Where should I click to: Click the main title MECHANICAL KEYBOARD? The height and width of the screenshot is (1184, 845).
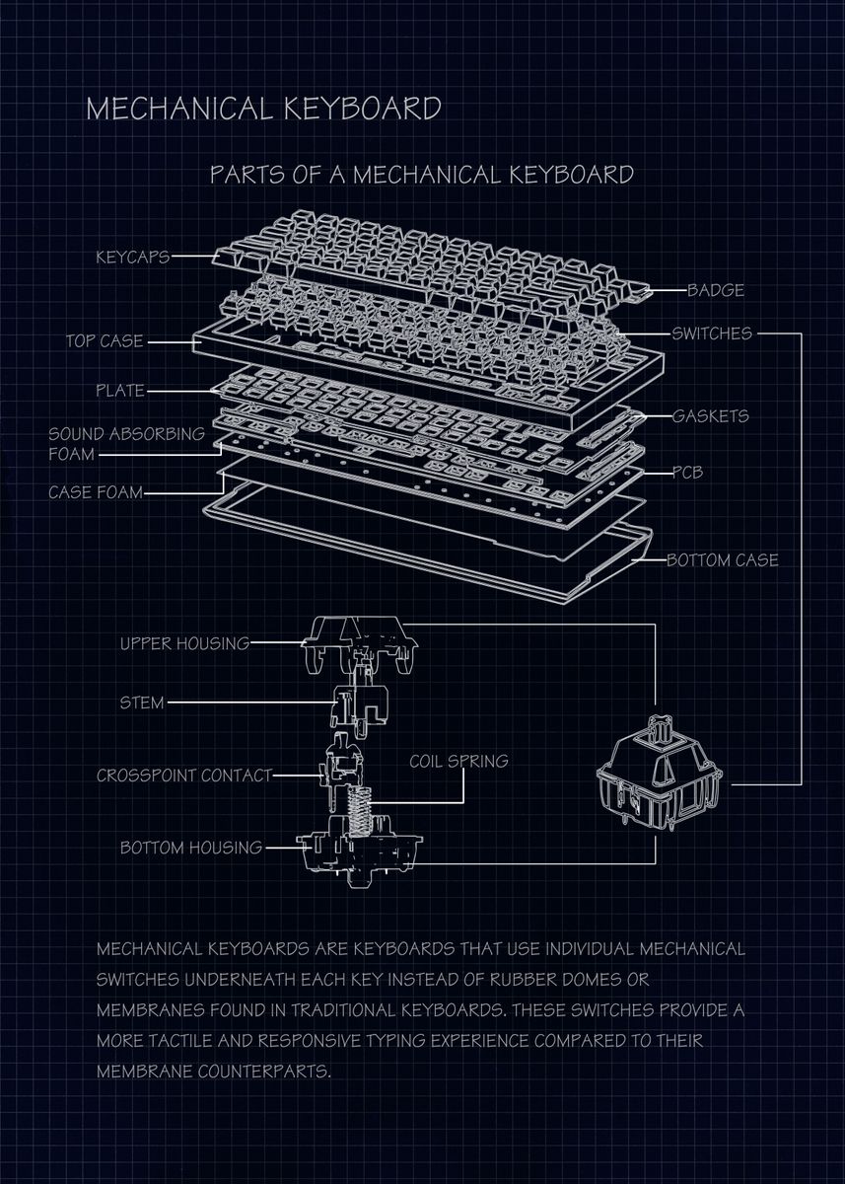click(x=263, y=108)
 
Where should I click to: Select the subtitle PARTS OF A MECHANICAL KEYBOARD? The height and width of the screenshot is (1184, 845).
click(x=422, y=175)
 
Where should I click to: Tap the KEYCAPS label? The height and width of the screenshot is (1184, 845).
click(x=132, y=258)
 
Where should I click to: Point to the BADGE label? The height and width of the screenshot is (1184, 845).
click(x=716, y=290)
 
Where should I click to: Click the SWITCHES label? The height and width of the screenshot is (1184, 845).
click(x=712, y=333)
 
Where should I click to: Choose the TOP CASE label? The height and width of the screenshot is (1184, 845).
click(x=105, y=341)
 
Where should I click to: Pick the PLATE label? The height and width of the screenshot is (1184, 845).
click(x=120, y=390)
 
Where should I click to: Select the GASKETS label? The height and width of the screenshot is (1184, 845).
click(x=710, y=415)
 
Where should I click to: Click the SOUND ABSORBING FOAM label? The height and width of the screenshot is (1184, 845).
click(x=126, y=444)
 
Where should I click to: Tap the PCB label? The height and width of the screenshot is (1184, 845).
click(x=687, y=473)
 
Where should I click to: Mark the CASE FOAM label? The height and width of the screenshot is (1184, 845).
click(x=95, y=491)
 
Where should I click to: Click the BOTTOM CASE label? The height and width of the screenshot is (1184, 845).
click(x=723, y=560)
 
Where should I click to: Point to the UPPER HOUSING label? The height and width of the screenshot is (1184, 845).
click(x=184, y=643)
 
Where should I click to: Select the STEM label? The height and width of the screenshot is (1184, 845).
click(x=142, y=703)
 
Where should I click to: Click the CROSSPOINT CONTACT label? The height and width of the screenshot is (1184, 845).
click(x=183, y=776)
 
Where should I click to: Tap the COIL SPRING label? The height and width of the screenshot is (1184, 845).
click(x=458, y=761)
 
